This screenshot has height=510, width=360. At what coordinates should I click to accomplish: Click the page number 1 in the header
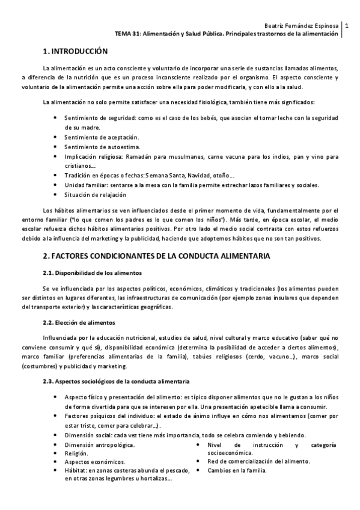(x=347, y=26)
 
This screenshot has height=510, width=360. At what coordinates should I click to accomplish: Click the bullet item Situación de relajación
(x=96, y=195)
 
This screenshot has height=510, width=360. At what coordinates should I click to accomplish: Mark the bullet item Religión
(x=76, y=453)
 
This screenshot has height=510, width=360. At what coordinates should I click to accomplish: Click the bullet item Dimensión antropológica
(x=100, y=444)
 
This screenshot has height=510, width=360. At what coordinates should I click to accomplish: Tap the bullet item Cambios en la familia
(x=237, y=470)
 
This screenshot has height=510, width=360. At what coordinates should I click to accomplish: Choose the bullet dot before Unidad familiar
(x=56, y=185)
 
